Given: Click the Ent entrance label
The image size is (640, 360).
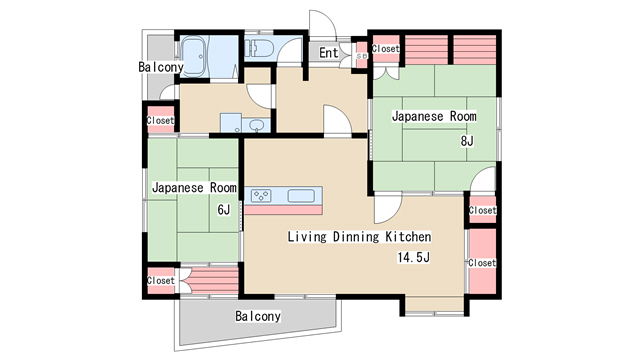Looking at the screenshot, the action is tap(329, 53).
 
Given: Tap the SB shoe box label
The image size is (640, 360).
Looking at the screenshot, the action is tap(362, 56).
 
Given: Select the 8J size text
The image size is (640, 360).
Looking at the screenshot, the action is tap(467, 141).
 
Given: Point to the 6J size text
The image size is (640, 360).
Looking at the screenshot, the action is tap(224, 210).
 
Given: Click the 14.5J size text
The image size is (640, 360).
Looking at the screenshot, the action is tap(413, 258).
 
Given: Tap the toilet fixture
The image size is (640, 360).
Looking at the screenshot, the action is tap(259, 48).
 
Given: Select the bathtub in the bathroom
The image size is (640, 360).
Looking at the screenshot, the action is tap(195, 56).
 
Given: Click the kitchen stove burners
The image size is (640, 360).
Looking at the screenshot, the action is tap(261, 196).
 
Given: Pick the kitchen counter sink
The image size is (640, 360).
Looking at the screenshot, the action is tap(301, 196).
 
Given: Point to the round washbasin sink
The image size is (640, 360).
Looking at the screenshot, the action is tap(256, 124).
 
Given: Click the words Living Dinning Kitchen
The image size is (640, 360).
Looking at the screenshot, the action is tap(359, 237).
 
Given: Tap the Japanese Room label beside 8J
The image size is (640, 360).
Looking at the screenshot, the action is tap(434, 116).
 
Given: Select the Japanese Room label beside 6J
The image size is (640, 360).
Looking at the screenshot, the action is tap(194, 188).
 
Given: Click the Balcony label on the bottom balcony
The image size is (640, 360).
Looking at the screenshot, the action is tap(258, 316).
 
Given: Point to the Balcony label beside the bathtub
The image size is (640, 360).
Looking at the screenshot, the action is tap(161, 67).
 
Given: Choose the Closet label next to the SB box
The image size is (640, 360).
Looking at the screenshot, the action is tap(385, 49).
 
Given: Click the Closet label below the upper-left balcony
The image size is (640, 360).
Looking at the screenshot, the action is tap(160, 120).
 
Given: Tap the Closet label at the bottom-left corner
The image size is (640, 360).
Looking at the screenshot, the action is tap(160, 281).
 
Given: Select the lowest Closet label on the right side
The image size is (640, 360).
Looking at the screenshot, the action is tap(482, 263).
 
